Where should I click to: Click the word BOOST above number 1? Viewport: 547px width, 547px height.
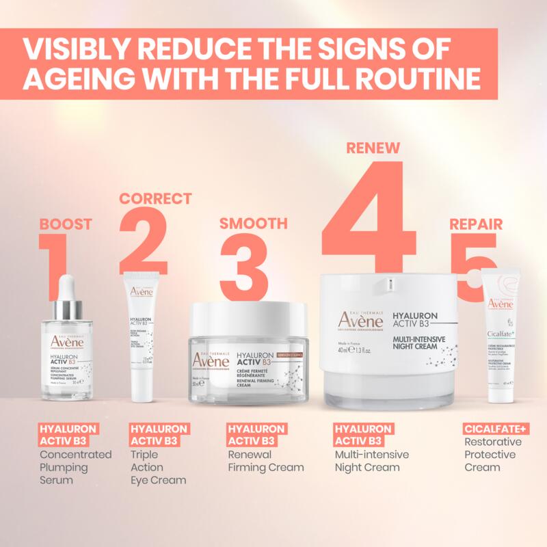coord(66,224)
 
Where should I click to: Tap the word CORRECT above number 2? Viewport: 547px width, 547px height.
coord(156,199)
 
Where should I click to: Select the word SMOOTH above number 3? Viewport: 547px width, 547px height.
coord(253,224)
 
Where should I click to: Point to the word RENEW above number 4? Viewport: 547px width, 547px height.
coord(373,148)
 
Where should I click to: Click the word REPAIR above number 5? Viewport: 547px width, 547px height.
coord(476,224)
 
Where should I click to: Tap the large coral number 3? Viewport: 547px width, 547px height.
coord(243,267)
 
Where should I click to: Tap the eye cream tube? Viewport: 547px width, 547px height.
coord(143,335)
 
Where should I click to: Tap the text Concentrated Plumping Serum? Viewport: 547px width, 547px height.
coord(75,467)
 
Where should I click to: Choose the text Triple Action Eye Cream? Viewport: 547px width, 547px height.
coord(158,467)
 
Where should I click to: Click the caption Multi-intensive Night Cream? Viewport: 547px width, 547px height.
coord(371,461)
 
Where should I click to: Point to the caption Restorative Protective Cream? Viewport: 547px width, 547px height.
coord(492,455)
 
